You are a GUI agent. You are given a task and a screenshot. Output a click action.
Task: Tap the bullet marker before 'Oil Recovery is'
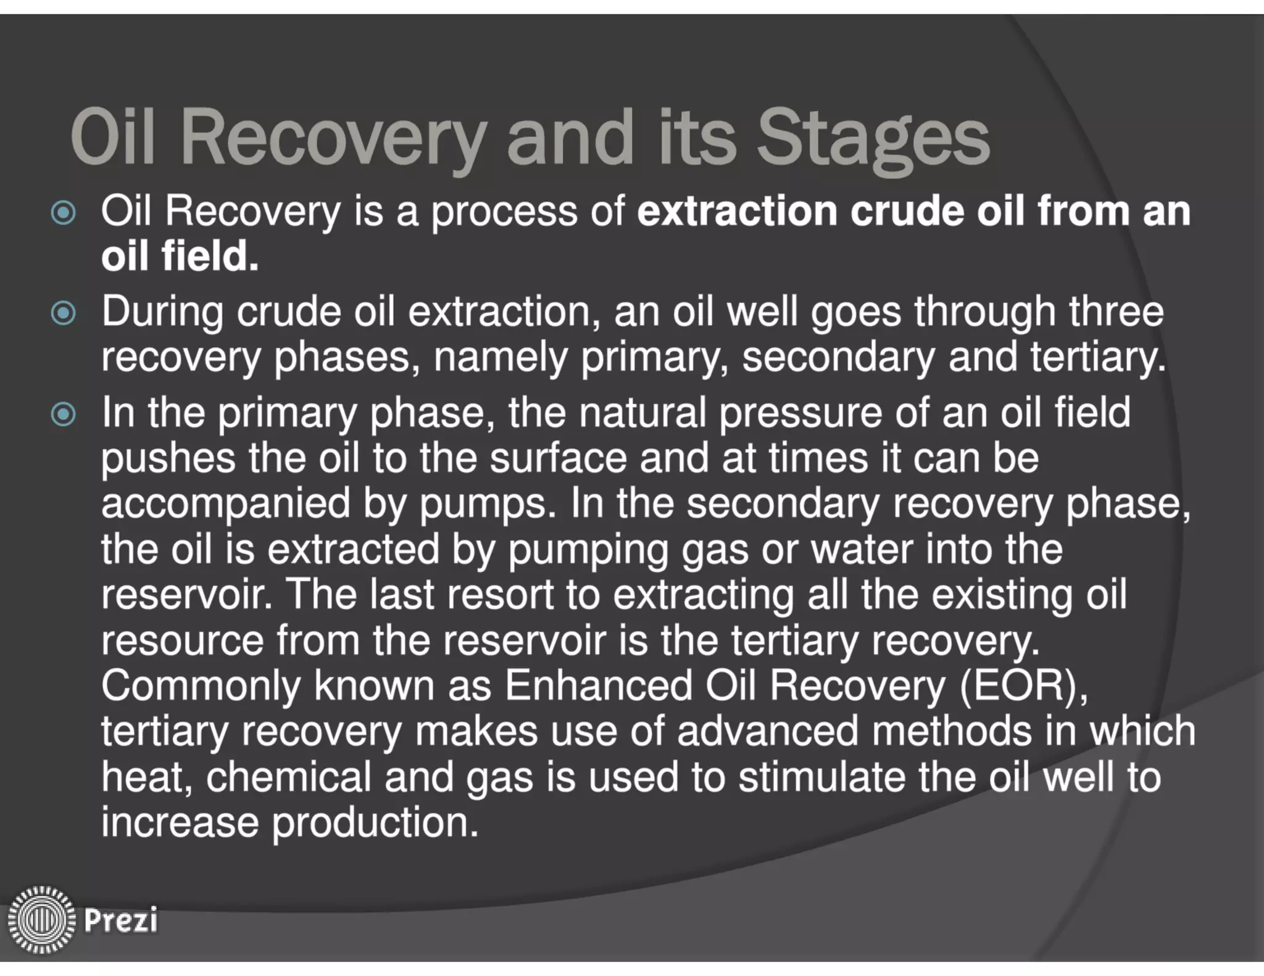64,213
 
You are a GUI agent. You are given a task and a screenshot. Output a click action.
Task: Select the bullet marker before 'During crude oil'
64,313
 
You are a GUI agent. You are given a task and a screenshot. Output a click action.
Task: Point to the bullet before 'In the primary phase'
64,415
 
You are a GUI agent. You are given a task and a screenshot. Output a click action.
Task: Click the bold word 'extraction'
736,211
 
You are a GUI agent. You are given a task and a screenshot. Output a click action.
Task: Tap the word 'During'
162,312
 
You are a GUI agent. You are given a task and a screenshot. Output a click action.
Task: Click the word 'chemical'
288,777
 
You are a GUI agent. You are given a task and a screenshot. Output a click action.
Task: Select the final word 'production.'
375,823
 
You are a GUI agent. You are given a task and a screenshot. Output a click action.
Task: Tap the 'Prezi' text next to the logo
121,920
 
